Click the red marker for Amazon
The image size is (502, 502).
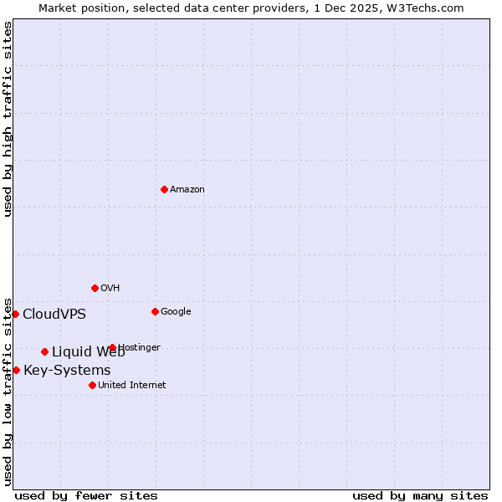point(164,189)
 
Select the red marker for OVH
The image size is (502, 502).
point(95,288)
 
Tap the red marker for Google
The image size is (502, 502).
point(155,311)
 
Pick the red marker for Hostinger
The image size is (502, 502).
point(112,347)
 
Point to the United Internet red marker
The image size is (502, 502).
point(92,385)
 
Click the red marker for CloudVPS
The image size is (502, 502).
point(15,314)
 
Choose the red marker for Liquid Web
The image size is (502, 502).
point(44,351)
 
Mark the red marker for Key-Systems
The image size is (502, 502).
point(16,370)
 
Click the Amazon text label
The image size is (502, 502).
point(187,190)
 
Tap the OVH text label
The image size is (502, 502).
point(110,289)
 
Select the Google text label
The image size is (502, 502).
point(176,312)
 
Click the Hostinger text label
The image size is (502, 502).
point(140,348)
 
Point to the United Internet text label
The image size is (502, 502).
point(132,386)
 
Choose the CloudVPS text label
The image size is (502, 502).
point(54,315)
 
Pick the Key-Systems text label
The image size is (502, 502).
point(67,371)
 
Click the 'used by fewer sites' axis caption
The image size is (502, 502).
point(86,496)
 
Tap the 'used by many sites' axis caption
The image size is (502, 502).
point(420,496)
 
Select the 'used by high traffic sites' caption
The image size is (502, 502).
point(8,119)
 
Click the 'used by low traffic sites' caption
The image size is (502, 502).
point(8,392)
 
